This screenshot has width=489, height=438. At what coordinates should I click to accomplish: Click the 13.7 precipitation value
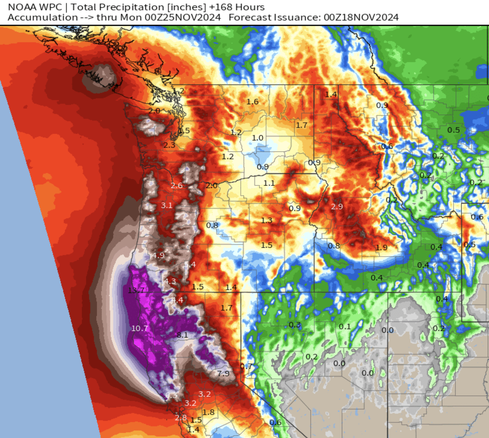click(x=136, y=290)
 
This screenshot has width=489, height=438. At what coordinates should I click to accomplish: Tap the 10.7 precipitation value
click(x=139, y=328)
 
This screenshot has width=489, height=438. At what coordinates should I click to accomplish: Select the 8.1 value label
click(x=182, y=335)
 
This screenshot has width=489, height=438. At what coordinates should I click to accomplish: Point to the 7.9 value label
click(x=223, y=373)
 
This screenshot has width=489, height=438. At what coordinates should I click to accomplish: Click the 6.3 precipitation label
click(x=171, y=395)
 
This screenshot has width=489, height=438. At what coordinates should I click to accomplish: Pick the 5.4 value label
click(x=190, y=265)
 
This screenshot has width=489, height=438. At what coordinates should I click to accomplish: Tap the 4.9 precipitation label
click(x=158, y=255)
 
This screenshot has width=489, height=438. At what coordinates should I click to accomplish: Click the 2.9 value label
click(x=337, y=207)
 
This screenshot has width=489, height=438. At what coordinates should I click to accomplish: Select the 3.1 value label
click(x=166, y=205)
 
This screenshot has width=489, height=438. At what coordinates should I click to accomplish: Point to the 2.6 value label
click(x=176, y=186)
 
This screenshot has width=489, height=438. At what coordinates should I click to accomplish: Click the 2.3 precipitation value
click(x=169, y=145)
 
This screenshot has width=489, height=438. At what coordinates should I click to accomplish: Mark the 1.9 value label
click(x=381, y=247)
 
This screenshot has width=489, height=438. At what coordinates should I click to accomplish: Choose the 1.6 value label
click(x=252, y=102)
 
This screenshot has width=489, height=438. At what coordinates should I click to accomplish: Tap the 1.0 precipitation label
click(x=258, y=138)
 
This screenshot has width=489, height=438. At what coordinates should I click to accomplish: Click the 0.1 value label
click(x=345, y=327)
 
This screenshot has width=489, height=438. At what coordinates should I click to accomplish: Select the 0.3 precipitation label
click(x=295, y=325)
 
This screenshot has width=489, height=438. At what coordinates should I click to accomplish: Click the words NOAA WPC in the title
click(x=35, y=7)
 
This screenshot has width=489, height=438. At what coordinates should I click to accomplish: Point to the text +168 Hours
click(x=237, y=7)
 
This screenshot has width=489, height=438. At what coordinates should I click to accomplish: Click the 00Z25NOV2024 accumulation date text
click(x=183, y=17)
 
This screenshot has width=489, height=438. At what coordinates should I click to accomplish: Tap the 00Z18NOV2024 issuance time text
click(x=361, y=17)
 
